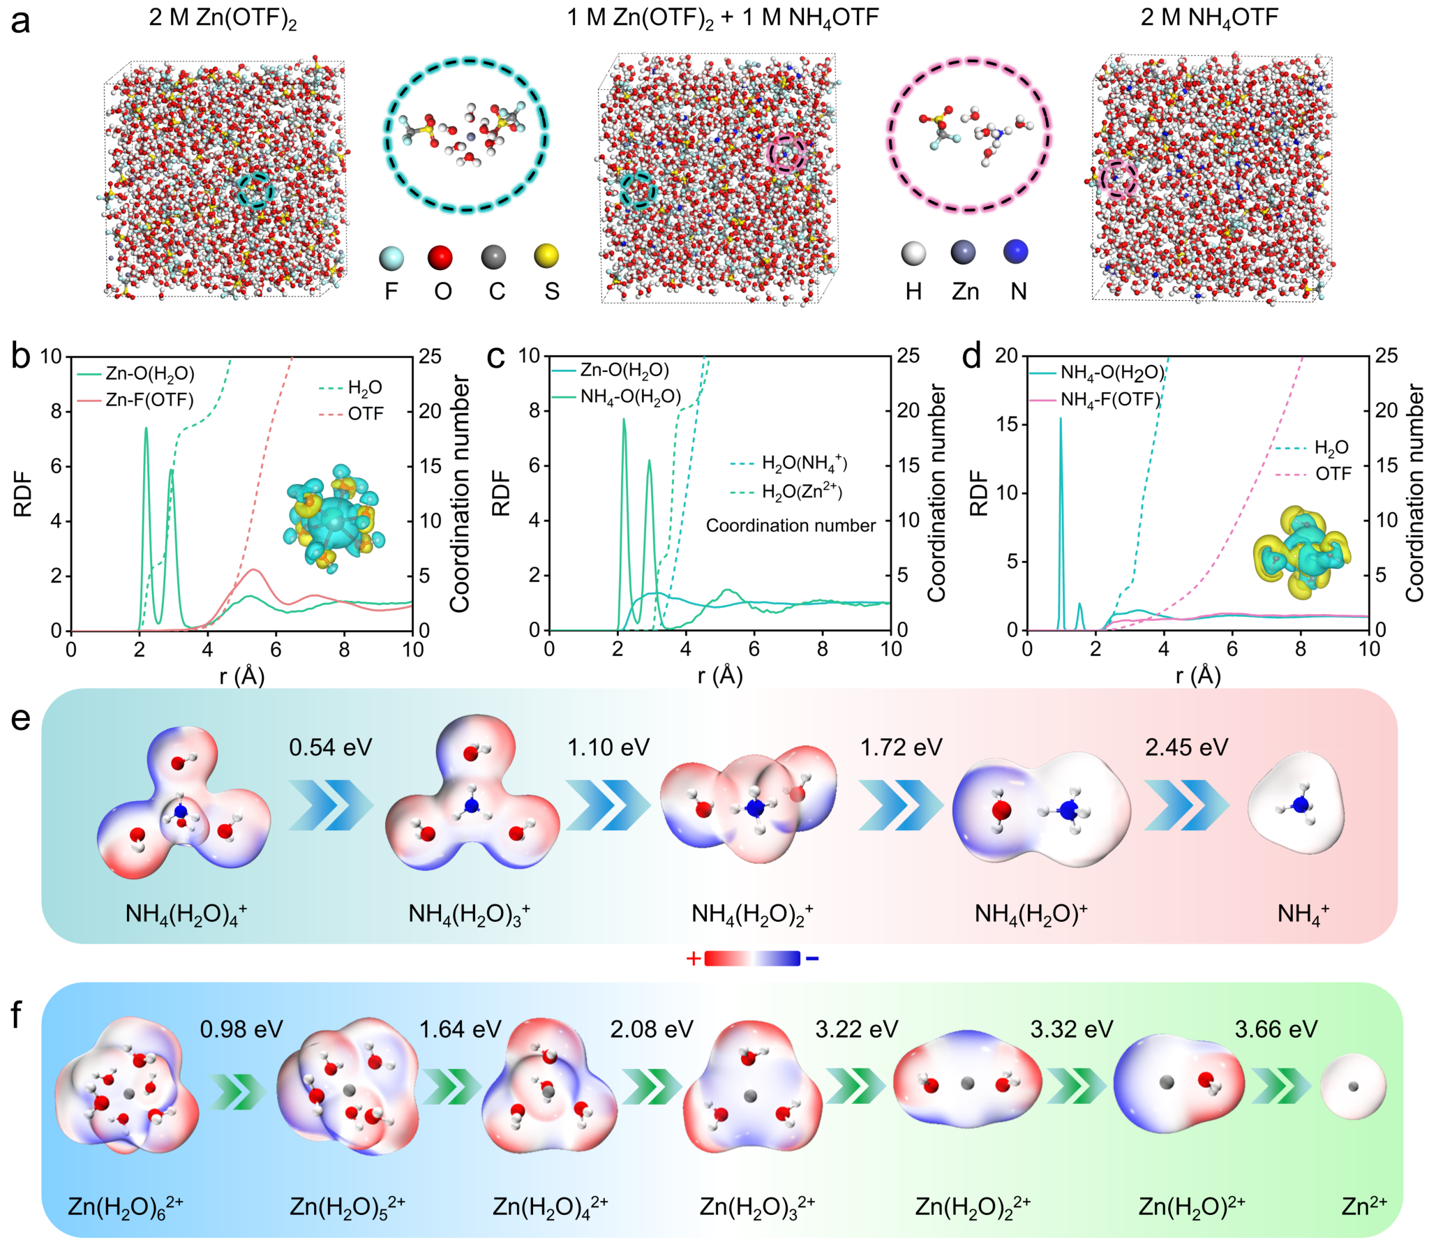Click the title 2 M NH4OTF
[1209, 17]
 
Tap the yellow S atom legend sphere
[546, 256]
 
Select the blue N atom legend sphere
[1016, 252]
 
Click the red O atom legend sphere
[440, 257]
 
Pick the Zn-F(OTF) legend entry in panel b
[149, 400]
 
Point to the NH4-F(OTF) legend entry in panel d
[1109, 400]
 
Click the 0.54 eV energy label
[331, 747]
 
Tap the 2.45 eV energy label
[1186, 747]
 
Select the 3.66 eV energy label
[1276, 1029]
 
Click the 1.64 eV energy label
[460, 1029]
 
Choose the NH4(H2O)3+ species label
[469, 914]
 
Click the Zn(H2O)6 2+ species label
[126, 1207]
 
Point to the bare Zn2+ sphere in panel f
[1353, 1087]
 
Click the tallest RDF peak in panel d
[1061, 420]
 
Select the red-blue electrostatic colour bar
[752, 959]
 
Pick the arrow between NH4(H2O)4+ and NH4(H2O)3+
[331, 805]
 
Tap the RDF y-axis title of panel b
[22, 493]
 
